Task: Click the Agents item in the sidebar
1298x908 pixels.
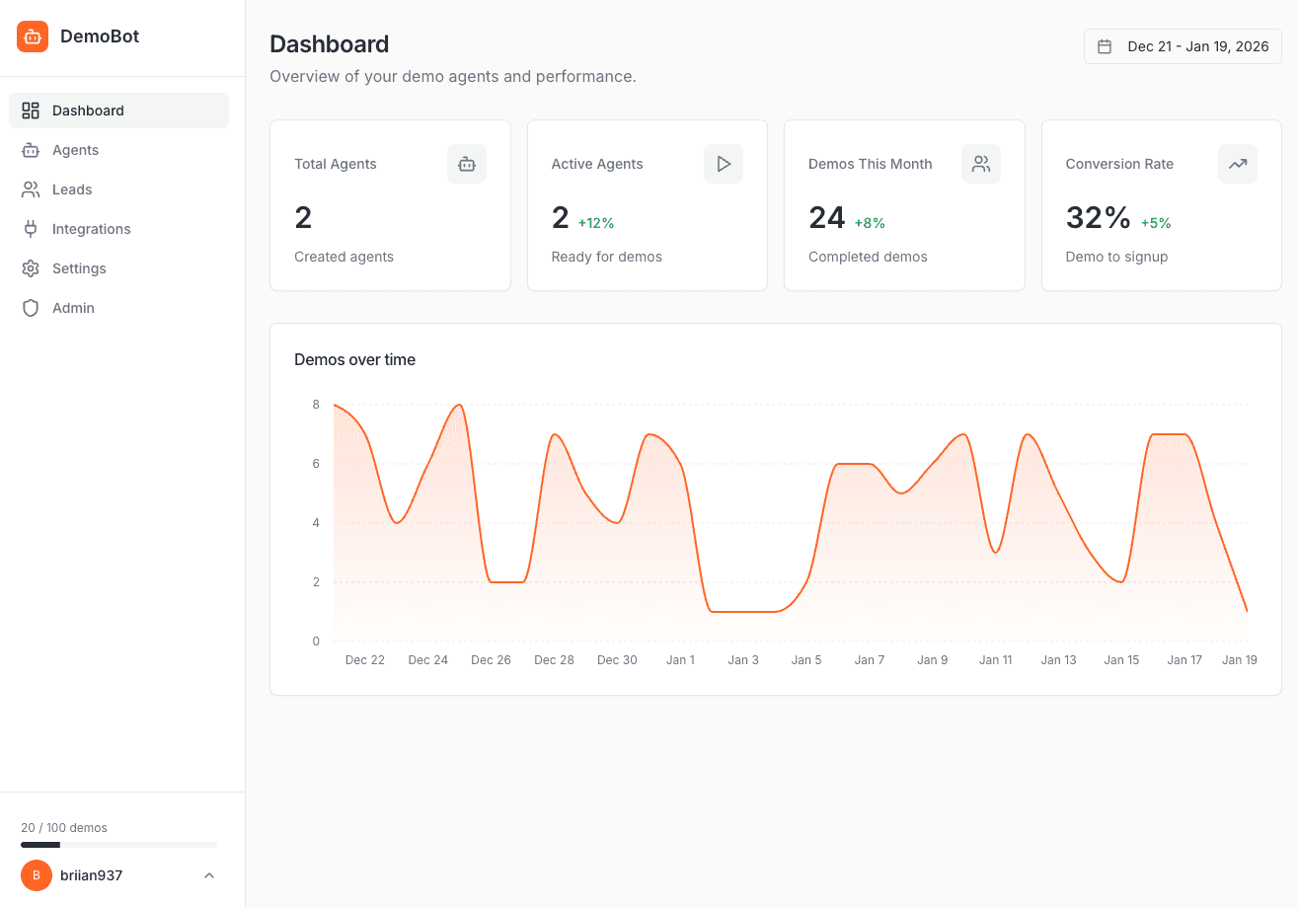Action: coord(75,150)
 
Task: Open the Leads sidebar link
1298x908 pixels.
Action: coord(72,189)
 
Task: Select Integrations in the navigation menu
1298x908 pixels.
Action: coord(91,229)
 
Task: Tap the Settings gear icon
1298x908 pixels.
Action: coord(31,268)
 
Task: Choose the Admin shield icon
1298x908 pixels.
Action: coord(31,308)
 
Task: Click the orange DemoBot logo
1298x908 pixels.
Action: coord(33,37)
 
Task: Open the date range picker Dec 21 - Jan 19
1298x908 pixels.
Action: coord(1183,46)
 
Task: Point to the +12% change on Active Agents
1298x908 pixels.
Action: coord(596,223)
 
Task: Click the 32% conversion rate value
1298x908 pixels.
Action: coord(1098,217)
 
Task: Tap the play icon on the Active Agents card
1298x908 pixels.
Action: coord(724,164)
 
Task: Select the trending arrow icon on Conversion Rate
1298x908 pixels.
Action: coord(1238,164)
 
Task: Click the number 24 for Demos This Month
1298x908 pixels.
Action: coord(826,217)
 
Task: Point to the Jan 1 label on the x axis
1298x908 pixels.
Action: coord(680,660)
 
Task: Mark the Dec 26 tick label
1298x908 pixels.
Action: coord(491,660)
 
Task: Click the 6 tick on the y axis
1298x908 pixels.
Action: coord(316,464)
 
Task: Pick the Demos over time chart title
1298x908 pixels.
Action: coord(354,360)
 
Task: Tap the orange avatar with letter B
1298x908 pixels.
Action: coord(37,875)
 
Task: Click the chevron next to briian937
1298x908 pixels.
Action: coord(209,875)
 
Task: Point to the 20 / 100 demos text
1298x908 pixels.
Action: coord(64,828)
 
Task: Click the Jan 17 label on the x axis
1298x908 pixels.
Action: coord(1184,660)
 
